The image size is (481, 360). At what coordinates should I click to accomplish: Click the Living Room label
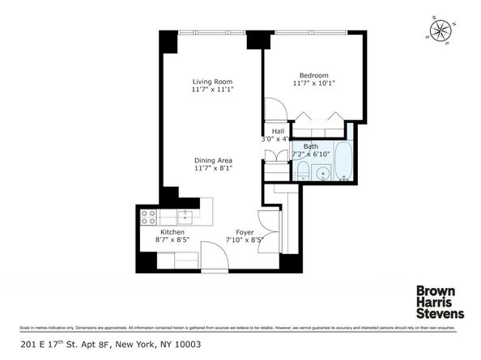[x=207, y=82]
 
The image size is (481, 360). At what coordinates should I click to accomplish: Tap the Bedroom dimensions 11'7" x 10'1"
[x=313, y=83]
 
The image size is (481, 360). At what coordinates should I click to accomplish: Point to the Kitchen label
[x=172, y=231]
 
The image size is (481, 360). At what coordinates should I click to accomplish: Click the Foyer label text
[x=245, y=232]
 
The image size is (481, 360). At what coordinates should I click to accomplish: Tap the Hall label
[x=278, y=130]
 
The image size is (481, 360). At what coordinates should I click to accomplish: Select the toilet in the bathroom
[x=300, y=171]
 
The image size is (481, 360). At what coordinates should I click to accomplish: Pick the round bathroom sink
[x=321, y=172]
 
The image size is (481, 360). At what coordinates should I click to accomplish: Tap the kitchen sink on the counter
[x=185, y=215]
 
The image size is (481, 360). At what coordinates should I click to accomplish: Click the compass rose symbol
[x=441, y=30]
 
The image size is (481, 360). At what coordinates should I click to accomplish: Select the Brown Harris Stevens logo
[x=439, y=302]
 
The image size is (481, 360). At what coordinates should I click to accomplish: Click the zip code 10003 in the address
[x=185, y=344]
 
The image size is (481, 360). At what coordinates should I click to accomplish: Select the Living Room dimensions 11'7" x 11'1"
[x=207, y=91]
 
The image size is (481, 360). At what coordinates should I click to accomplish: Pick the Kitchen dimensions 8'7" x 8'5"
[x=172, y=240]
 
